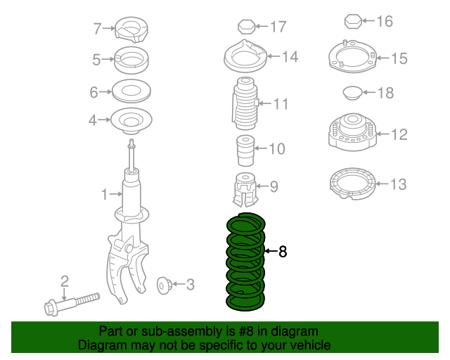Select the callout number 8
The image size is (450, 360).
point(283,251)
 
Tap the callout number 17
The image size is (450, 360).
point(278,27)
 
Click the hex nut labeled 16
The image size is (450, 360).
point(352,22)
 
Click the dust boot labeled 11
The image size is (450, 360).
point(244,104)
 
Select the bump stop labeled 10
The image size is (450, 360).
point(243,149)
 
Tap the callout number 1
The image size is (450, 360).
point(103,193)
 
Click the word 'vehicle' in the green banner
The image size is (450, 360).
point(304,345)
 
